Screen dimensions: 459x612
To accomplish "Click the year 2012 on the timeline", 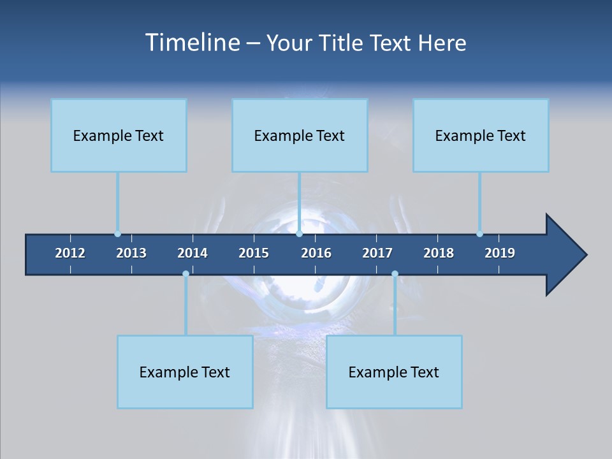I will click(x=70, y=253).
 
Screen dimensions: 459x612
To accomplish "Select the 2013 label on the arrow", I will click(x=131, y=253).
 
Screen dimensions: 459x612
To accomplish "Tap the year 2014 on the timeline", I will click(x=193, y=253).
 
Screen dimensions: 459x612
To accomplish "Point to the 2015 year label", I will click(x=254, y=253).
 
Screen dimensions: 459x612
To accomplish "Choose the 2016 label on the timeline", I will click(x=316, y=253).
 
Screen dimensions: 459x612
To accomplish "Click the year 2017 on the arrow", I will click(x=377, y=253).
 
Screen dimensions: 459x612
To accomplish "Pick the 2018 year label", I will click(x=439, y=253).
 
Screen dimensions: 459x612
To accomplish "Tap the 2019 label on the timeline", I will click(x=500, y=253).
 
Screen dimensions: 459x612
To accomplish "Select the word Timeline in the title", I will click(x=191, y=43).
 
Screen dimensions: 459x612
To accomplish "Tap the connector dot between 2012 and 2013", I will click(x=117, y=234).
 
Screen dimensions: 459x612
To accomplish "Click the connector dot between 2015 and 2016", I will click(x=299, y=234).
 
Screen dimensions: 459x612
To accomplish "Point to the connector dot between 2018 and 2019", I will click(x=479, y=234).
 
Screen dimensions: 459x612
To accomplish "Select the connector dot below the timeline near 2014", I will click(x=186, y=274).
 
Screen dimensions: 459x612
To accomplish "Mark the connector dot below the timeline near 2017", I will click(x=395, y=274).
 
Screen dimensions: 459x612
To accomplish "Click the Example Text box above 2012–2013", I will click(x=119, y=135).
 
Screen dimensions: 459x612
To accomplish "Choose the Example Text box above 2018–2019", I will click(x=481, y=135).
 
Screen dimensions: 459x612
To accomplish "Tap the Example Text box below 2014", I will click(x=185, y=372).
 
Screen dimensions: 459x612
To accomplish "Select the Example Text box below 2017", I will click(x=394, y=372).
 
